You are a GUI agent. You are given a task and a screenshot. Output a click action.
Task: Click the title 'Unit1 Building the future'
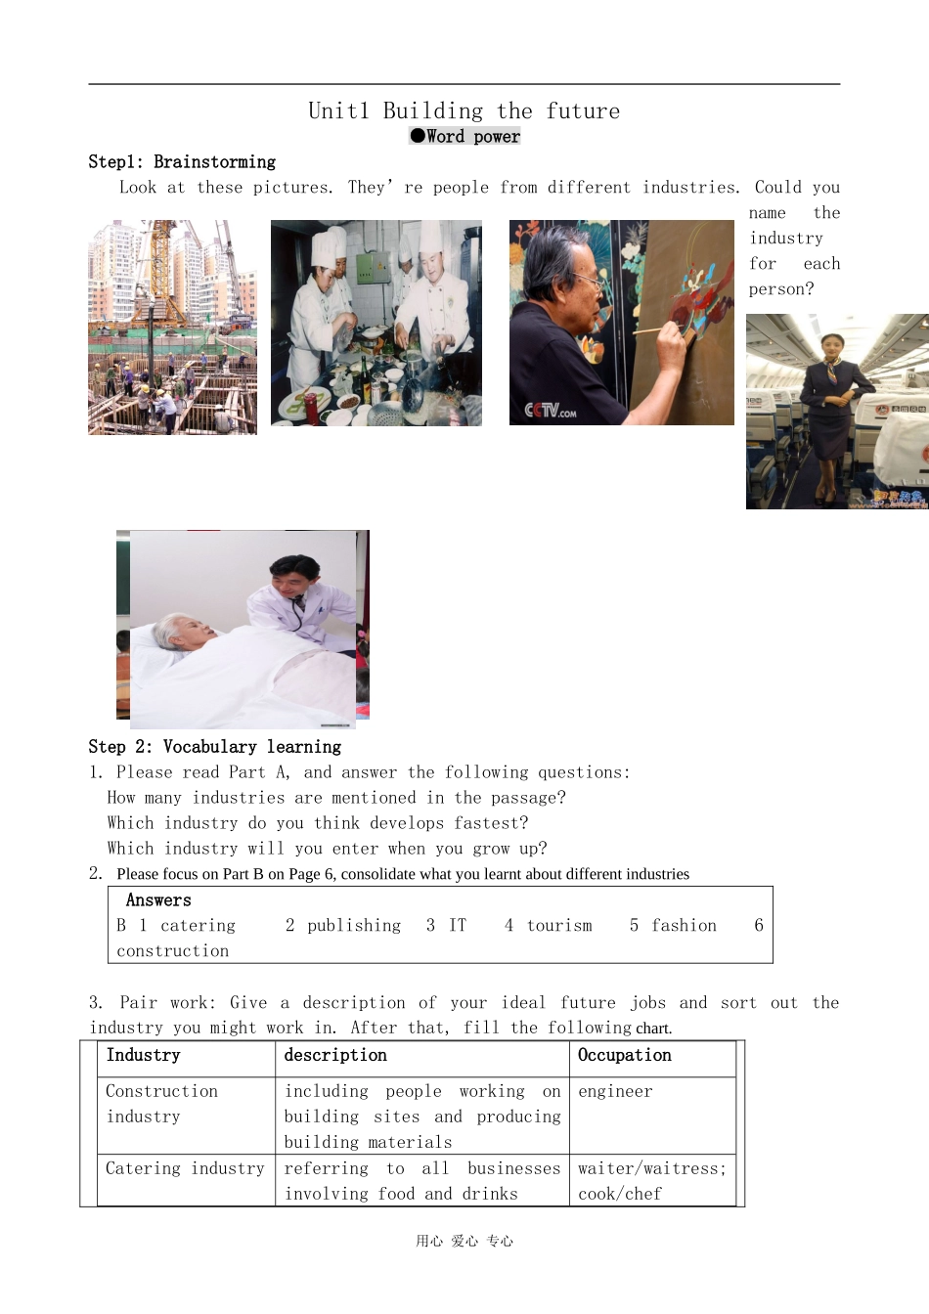(x=464, y=110)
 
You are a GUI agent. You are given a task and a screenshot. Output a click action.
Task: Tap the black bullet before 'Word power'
(x=418, y=136)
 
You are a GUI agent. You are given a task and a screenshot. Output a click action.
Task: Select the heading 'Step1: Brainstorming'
(x=182, y=162)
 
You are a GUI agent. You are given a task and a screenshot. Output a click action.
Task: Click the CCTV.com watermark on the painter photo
(x=551, y=410)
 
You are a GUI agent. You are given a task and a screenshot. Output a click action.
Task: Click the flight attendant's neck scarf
(x=831, y=368)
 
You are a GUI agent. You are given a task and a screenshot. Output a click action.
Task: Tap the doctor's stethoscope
(x=297, y=610)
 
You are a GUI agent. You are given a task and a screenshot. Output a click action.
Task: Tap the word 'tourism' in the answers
(x=559, y=926)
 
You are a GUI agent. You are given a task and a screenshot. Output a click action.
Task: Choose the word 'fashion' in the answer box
(x=684, y=926)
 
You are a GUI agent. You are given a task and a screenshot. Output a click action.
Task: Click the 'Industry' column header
(x=143, y=1055)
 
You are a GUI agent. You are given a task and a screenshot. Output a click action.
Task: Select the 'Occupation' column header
(x=625, y=1055)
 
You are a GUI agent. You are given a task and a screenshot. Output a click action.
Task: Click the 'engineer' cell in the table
(x=615, y=1092)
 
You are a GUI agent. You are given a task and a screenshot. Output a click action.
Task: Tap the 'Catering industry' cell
(x=185, y=1168)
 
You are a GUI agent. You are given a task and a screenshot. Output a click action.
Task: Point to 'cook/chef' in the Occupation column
(x=620, y=1194)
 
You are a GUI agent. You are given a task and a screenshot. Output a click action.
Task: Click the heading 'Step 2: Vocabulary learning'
(x=215, y=747)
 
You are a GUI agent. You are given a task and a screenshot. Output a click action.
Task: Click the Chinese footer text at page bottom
(x=464, y=1241)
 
